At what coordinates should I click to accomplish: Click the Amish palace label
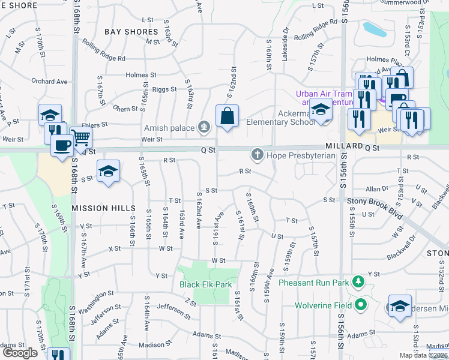[169, 128]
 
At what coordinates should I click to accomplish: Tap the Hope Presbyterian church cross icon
[258, 155]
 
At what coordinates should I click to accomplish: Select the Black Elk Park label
[205, 284]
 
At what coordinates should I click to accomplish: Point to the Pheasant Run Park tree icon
[358, 281]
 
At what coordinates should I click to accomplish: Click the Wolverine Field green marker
[361, 305]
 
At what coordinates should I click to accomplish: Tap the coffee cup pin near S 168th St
[62, 145]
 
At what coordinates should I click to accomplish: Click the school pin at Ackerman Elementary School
[321, 111]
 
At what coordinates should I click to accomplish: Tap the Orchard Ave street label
[49, 82]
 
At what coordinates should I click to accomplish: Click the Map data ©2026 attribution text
[423, 355]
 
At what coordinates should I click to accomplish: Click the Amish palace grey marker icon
[205, 127]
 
